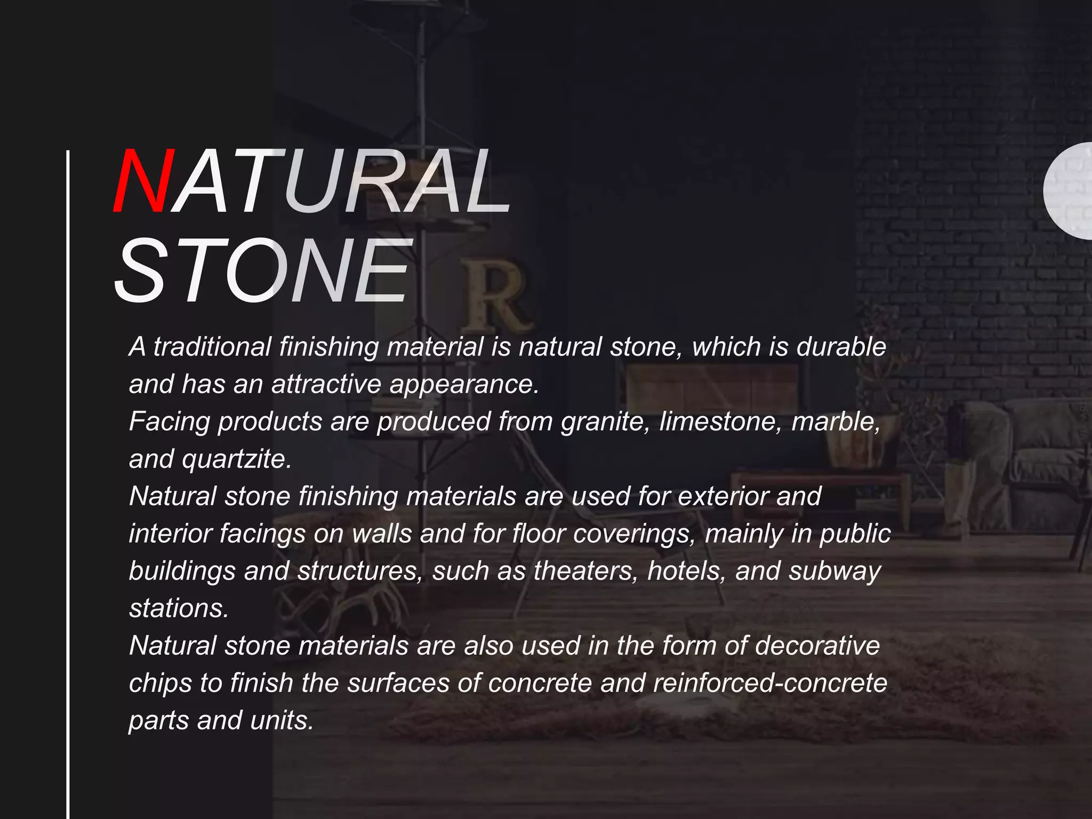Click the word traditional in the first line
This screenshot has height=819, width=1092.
click(x=212, y=347)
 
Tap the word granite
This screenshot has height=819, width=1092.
click(x=605, y=422)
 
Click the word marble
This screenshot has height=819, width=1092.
click(x=836, y=421)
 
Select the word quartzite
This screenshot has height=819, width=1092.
click(x=237, y=460)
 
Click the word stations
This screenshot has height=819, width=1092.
click(x=179, y=608)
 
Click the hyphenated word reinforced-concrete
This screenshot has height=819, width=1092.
click(x=770, y=683)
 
